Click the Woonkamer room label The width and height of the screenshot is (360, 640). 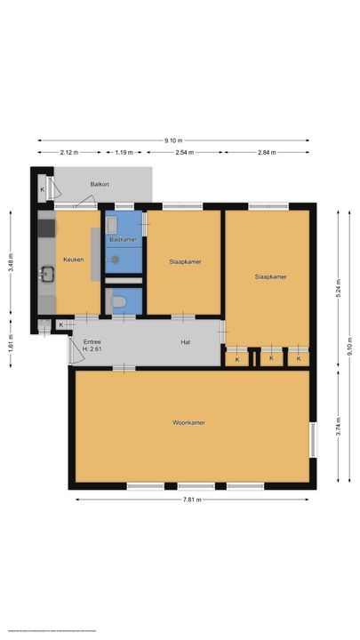[188, 422]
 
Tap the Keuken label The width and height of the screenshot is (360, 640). [73, 260]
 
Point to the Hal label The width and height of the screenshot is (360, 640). [186, 342]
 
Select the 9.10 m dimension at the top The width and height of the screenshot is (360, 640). [174, 140]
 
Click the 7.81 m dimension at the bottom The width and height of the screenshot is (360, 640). [191, 500]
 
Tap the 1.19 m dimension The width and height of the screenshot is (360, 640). [124, 152]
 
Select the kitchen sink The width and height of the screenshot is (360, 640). [46, 275]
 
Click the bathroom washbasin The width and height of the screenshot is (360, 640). [114, 228]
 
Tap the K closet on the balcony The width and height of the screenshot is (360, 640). [43, 189]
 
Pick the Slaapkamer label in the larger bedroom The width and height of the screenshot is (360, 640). [270, 277]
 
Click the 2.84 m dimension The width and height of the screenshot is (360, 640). [267, 152]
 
